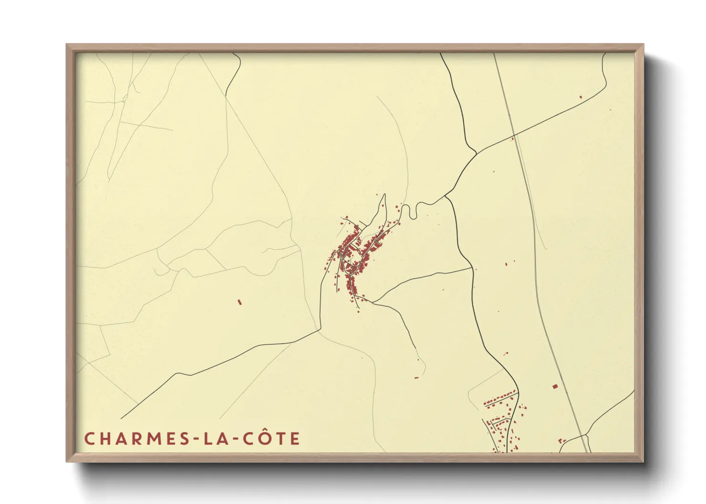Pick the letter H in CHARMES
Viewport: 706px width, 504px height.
(105, 438)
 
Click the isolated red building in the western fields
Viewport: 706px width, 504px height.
(239, 302)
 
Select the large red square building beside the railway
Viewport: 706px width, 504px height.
(555, 386)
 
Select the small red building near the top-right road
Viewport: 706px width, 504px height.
(581, 97)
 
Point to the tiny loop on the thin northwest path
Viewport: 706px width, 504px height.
(125, 99)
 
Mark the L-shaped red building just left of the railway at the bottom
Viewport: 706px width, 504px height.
(561, 441)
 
